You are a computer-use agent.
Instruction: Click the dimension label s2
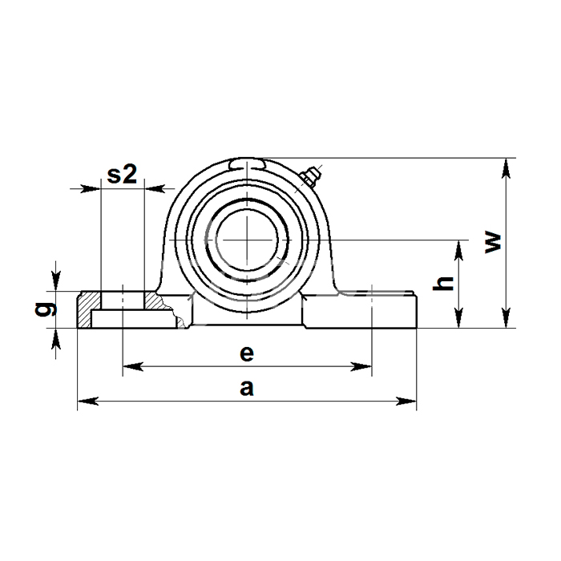click(122, 174)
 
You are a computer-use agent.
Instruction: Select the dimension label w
click(493, 243)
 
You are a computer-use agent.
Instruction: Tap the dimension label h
click(443, 284)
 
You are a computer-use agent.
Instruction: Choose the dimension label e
click(247, 353)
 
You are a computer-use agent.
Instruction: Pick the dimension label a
click(247, 388)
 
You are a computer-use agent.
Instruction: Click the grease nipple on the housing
click(310, 177)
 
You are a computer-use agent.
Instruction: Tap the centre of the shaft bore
click(247, 240)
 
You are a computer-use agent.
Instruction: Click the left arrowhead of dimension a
click(88, 401)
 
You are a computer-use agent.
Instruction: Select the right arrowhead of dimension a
click(406, 401)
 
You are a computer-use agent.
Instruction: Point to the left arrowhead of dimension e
click(133, 366)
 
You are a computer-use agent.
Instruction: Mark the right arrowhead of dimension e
click(361, 366)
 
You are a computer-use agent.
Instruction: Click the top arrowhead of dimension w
click(506, 168)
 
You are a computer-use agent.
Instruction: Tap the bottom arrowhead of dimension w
click(506, 317)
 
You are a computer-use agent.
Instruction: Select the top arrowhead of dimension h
click(458, 250)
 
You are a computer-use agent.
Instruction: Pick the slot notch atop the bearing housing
click(247, 164)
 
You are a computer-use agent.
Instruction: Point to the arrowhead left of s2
click(90, 188)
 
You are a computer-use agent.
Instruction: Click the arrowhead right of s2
click(155, 188)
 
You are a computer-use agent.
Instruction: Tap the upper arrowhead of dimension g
click(55, 280)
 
